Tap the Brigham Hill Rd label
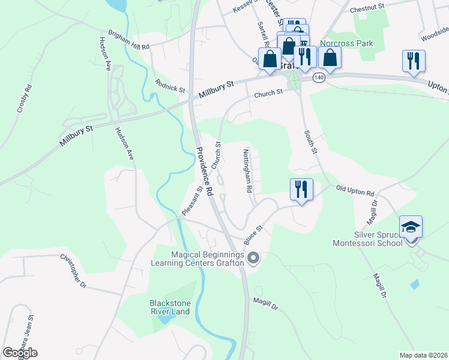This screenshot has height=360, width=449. (x=128, y=40)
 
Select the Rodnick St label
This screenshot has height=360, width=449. (x=170, y=86)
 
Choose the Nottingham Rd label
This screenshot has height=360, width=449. (x=248, y=170)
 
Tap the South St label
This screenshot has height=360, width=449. (x=310, y=142)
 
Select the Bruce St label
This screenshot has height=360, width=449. (x=254, y=235)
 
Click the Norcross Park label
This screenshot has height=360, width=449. (x=346, y=43)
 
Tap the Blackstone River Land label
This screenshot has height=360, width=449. (x=170, y=307)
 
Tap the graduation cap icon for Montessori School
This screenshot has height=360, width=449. (x=411, y=227)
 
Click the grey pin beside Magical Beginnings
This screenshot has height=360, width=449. (x=253, y=259)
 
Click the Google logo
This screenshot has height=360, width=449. (x=20, y=352)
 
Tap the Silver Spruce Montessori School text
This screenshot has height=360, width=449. (x=369, y=239)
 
